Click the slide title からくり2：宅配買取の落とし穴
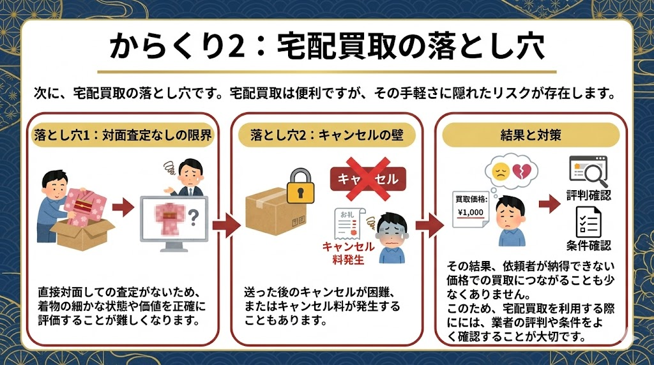pos(326,47)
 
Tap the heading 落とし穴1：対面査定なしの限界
pos(122,135)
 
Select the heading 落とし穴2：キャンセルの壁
pos(326,135)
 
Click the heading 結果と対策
pos(531,135)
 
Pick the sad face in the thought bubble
pos(500,171)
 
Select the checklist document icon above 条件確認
pos(588,221)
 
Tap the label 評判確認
pos(588,195)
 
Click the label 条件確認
pos(588,246)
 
